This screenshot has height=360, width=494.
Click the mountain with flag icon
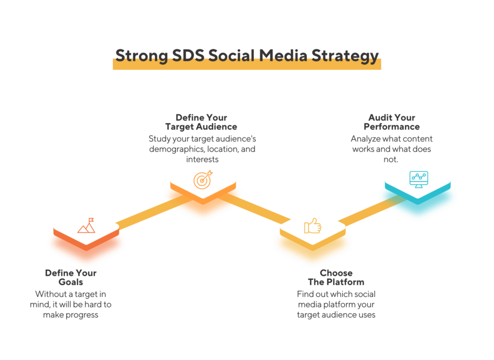[86, 225]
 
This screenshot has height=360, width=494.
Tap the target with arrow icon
[203, 180]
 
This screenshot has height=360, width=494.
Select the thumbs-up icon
[313, 226]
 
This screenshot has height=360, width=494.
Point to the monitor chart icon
[419, 180]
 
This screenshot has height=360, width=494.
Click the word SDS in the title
[188, 55]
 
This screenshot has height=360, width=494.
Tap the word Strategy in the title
[345, 56]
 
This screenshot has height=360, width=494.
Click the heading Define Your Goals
[71, 277]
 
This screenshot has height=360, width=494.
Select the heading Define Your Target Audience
[201, 122]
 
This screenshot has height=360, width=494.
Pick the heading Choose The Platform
[336, 277]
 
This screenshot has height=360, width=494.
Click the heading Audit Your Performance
[392, 122]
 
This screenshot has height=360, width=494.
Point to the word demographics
[177, 150]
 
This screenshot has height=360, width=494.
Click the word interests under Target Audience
[202, 160]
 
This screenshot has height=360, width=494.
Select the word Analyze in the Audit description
[366, 139]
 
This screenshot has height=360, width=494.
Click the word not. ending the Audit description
[391, 160]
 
